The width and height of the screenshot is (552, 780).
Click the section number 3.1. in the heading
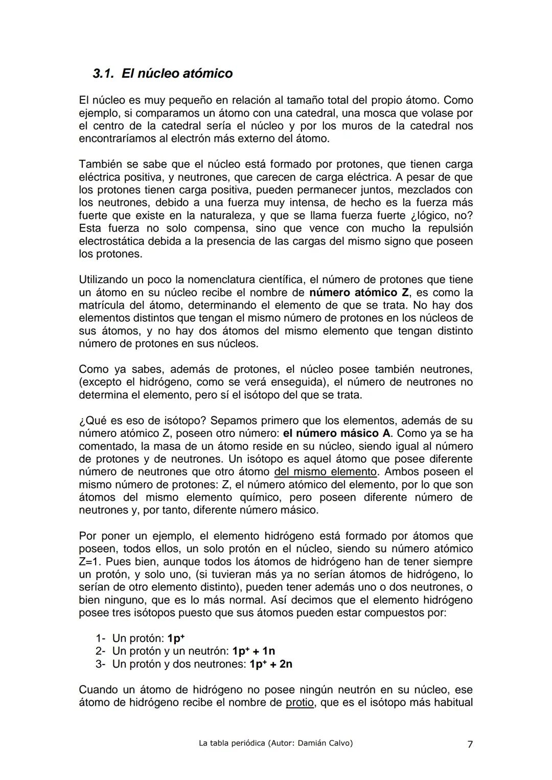click(x=105, y=74)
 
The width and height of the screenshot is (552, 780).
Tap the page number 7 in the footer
click(x=470, y=744)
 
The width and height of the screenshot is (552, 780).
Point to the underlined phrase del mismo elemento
click(x=325, y=472)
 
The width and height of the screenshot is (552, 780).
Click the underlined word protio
click(x=300, y=703)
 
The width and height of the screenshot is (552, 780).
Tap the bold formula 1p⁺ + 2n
click(x=271, y=664)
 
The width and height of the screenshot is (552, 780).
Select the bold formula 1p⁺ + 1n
click(x=254, y=651)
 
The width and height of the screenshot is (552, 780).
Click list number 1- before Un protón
click(x=101, y=639)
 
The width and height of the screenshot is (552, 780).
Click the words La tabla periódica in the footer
click(x=231, y=743)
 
